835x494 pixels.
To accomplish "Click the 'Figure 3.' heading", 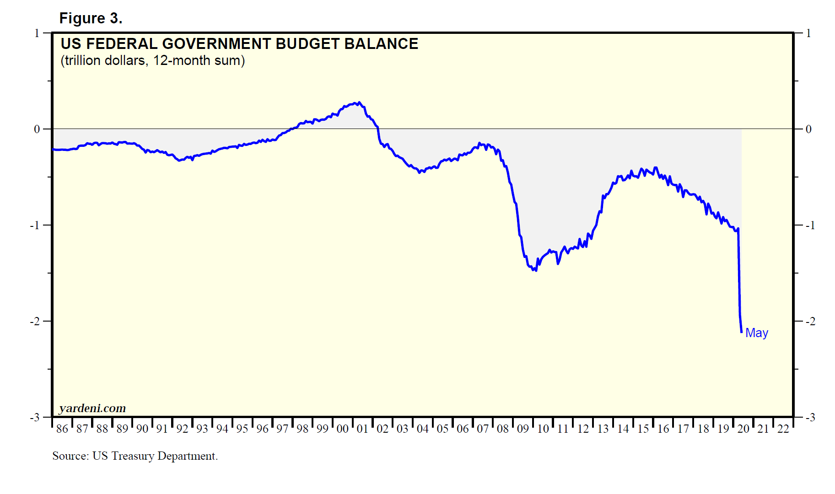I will pyautogui.click(x=91, y=18).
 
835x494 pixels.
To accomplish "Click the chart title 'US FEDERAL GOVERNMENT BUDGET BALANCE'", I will pyautogui.click(x=239, y=44).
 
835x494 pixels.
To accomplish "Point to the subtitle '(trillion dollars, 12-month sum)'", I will pyautogui.click(x=153, y=60).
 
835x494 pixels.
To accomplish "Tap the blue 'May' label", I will pyautogui.click(x=756, y=333).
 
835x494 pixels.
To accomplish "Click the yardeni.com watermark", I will pyautogui.click(x=92, y=408).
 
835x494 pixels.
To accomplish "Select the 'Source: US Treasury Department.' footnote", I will pyautogui.click(x=135, y=456).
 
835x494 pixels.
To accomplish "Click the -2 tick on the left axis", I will pyautogui.click(x=35, y=322).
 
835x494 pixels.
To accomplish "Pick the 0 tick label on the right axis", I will pyautogui.click(x=808, y=129).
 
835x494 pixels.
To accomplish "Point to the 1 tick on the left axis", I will pyautogui.click(x=37, y=33).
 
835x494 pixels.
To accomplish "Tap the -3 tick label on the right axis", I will pyautogui.click(x=810, y=418).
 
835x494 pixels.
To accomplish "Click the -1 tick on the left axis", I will pyautogui.click(x=35, y=226).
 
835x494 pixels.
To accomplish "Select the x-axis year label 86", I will pyautogui.click(x=62, y=429).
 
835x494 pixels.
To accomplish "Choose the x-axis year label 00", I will pyautogui.click(x=343, y=429).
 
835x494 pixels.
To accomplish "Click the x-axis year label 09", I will pyautogui.click(x=523, y=429).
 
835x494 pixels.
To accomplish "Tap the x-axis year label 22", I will pyautogui.click(x=783, y=429).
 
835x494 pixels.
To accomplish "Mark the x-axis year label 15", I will pyautogui.click(x=643, y=429).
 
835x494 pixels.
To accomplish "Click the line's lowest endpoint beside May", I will pyautogui.click(x=741, y=332).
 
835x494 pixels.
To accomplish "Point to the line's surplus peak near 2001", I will pyautogui.click(x=359, y=102).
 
